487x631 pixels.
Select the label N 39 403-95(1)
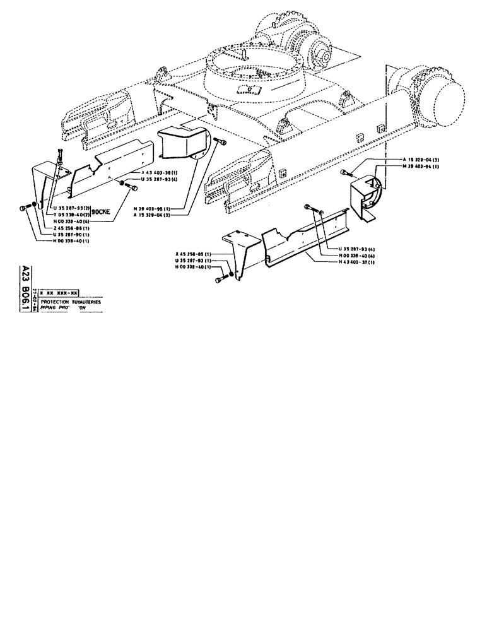[153, 208]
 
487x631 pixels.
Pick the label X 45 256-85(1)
[196, 254]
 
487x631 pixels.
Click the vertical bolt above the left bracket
[59, 155]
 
